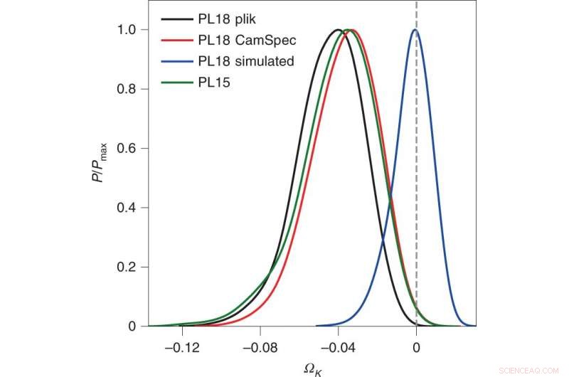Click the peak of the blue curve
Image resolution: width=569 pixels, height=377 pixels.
click(x=415, y=30)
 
